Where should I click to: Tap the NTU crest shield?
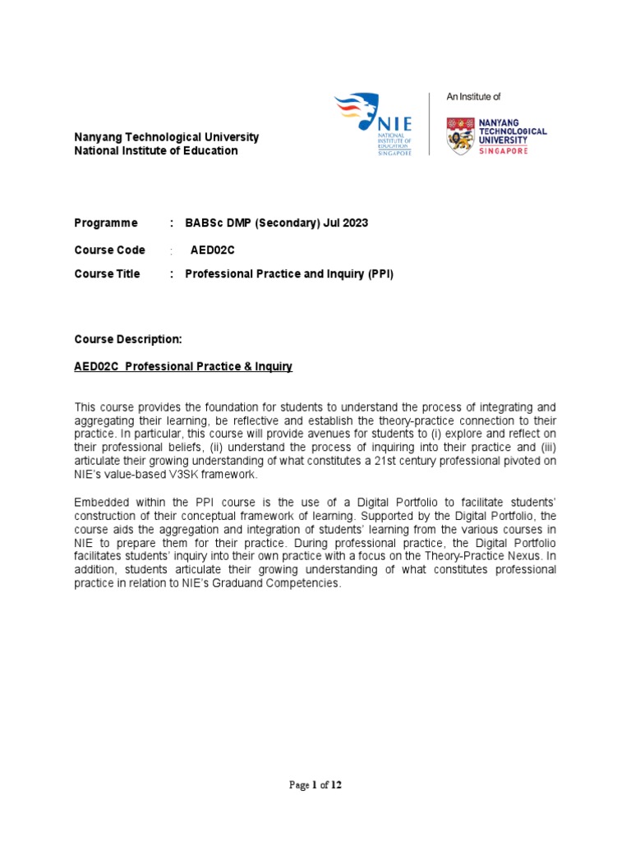459,135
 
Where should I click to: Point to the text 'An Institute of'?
473,97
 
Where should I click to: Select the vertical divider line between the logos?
430,123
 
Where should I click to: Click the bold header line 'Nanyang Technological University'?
166,137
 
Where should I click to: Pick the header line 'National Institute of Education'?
156,151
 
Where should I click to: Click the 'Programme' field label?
106,223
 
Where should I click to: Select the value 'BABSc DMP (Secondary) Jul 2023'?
277,223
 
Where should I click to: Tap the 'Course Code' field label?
109,250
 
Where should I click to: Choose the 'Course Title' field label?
107,274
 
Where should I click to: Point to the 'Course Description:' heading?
127,339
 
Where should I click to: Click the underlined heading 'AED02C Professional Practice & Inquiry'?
183,366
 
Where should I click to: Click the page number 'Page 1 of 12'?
315,785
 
